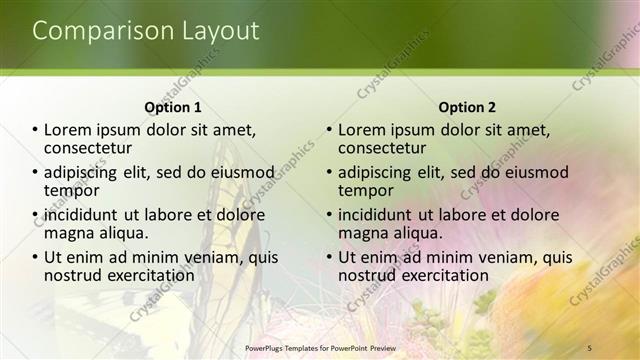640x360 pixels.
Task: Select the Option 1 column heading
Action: [x=173, y=107]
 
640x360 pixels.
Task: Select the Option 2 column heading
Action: [x=467, y=107]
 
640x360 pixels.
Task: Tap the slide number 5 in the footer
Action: [x=590, y=347]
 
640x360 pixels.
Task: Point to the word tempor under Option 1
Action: [x=71, y=189]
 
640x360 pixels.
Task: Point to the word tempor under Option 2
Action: [x=365, y=189]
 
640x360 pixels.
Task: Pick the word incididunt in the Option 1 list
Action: [x=82, y=215]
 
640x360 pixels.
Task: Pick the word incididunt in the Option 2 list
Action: [x=376, y=215]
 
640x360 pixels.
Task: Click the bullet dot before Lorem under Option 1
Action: [x=35, y=130]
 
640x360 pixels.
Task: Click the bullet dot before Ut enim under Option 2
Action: [x=329, y=257]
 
